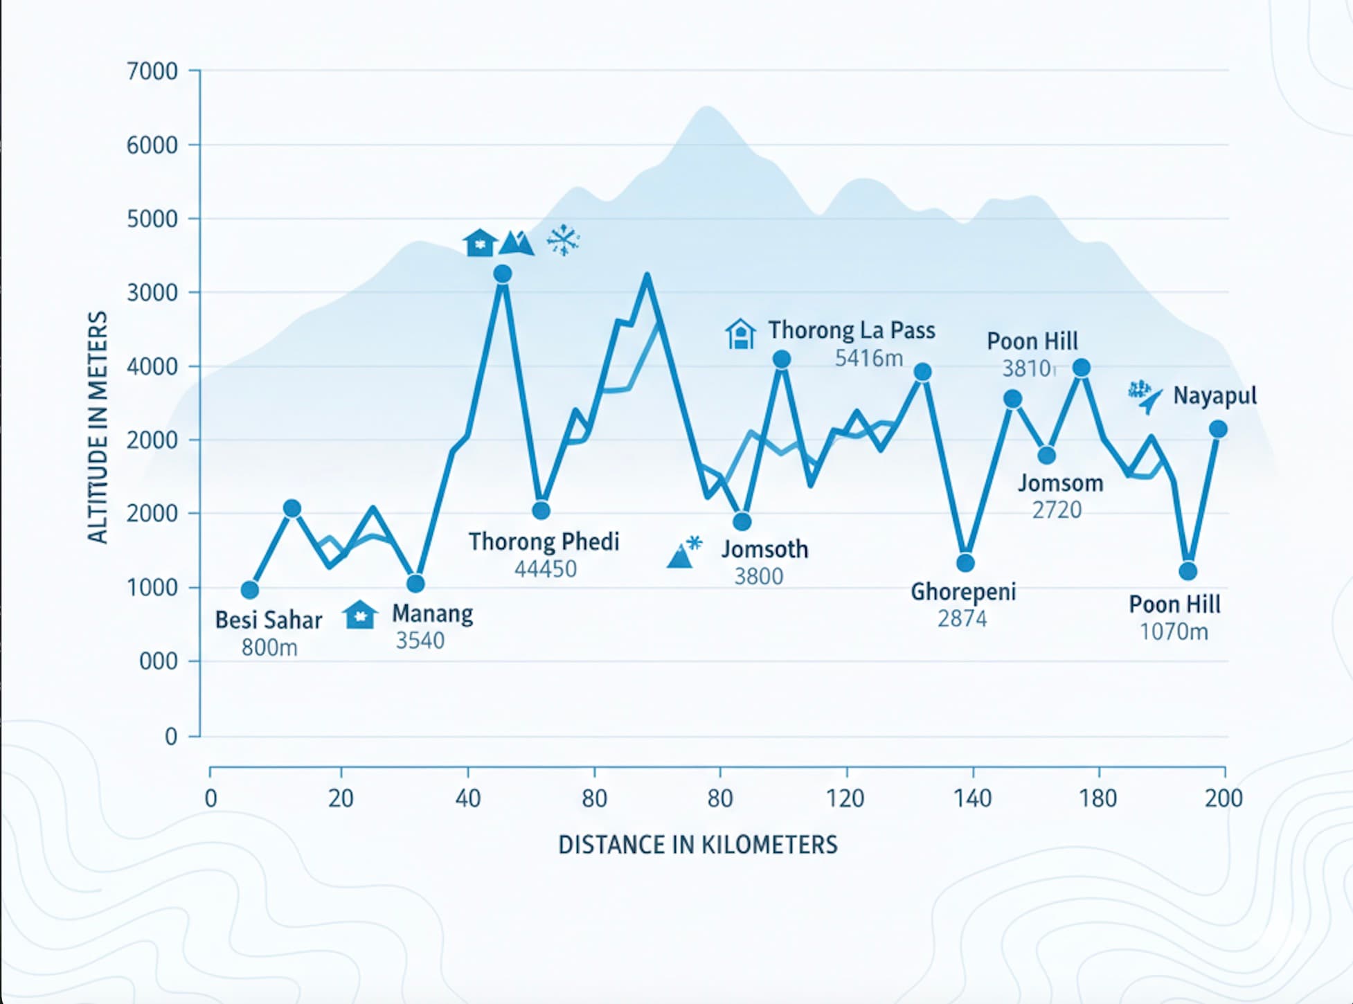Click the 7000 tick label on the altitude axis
tap(152, 71)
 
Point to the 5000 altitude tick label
tap(152, 219)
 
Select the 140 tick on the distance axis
tap(972, 798)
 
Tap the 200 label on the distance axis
tap(1224, 798)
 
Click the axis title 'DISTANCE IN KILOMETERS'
tap(697, 845)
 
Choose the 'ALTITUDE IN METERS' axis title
tap(98, 427)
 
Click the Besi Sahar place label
tap(269, 620)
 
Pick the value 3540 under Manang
tap(420, 640)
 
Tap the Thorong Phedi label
tap(544, 541)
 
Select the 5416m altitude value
tap(868, 358)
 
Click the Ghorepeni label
tap(962, 591)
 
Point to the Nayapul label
tap(1215, 396)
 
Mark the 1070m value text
tap(1174, 631)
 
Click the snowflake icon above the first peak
tap(563, 240)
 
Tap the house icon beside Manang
tap(360, 614)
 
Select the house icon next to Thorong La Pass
tap(740, 334)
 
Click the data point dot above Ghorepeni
tap(965, 562)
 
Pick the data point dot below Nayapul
tap(1218, 429)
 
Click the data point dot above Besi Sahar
tap(250, 590)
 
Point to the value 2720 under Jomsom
tap(1057, 510)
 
